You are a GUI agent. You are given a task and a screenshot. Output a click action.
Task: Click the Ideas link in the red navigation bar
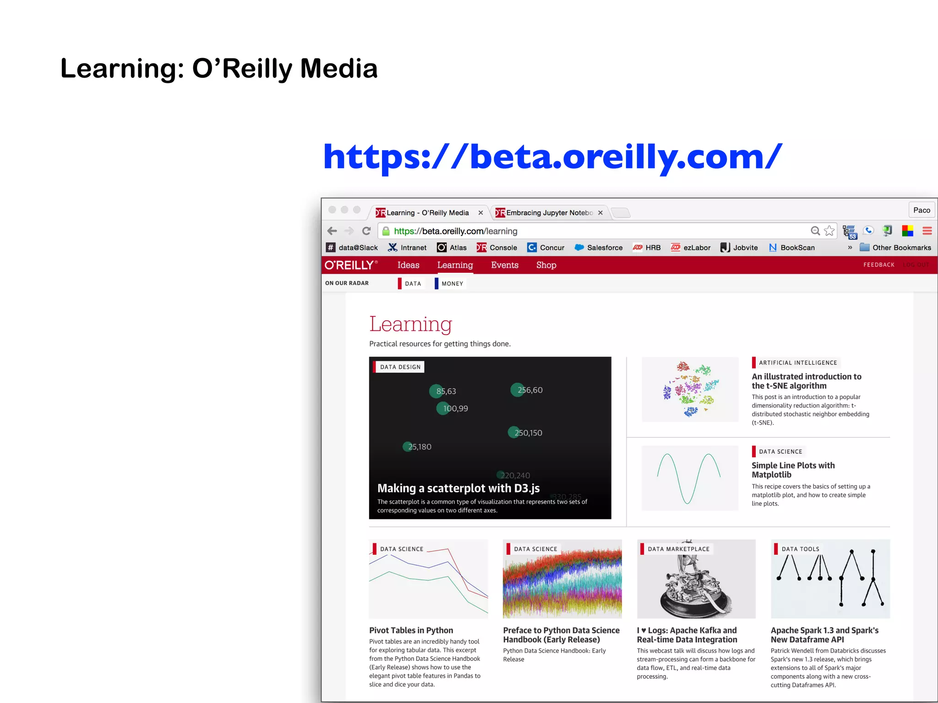(x=408, y=265)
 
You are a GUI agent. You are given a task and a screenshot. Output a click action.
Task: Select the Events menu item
(x=504, y=265)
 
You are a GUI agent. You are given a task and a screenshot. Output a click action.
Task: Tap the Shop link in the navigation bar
(x=546, y=265)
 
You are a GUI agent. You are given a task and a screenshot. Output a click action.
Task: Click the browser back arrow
(x=332, y=231)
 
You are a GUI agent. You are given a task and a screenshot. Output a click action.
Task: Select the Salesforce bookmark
(x=599, y=248)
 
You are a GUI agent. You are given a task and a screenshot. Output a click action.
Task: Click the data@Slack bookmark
(x=352, y=248)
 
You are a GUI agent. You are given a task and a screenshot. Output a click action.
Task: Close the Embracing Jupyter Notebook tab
(x=600, y=213)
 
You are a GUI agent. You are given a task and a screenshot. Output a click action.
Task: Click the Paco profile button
(x=921, y=210)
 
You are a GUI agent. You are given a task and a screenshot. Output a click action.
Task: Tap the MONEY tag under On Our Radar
(x=452, y=284)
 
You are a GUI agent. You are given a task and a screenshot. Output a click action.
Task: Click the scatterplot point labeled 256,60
(x=518, y=389)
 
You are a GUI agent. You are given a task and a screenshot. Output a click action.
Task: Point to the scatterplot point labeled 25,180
(x=408, y=446)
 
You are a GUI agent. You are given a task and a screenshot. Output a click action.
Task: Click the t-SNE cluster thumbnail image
(x=690, y=389)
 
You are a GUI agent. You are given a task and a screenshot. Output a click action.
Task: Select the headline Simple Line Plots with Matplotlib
(x=793, y=470)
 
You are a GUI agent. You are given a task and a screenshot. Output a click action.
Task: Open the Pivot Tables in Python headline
(x=411, y=630)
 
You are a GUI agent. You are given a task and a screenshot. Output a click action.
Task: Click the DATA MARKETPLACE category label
(x=678, y=549)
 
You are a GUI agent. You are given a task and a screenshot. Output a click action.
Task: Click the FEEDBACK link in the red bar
(x=878, y=265)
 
